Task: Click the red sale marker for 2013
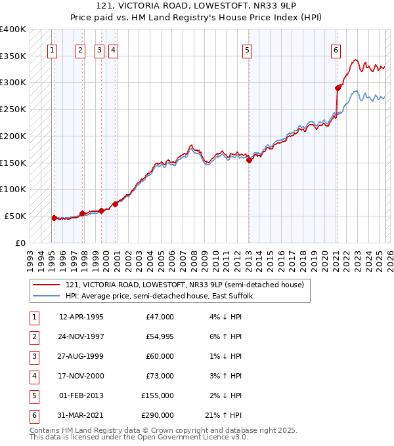tap(250, 160)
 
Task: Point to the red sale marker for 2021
tap(338, 88)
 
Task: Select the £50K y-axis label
tap(15, 216)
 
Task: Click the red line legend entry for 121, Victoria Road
tap(184, 285)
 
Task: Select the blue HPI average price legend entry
tap(164, 296)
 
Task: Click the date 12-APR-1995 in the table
tap(81, 317)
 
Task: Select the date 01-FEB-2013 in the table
tap(81, 395)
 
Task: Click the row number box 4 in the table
tap(33, 376)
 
